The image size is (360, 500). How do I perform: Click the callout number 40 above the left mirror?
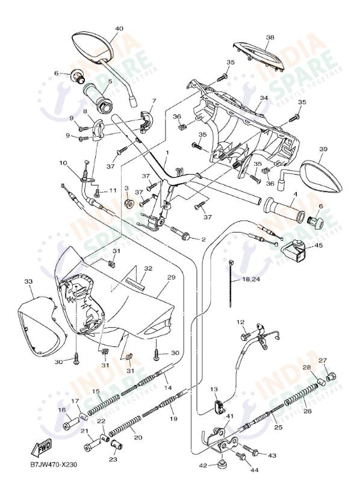click(119, 28)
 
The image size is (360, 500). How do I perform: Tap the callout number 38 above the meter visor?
click(270, 37)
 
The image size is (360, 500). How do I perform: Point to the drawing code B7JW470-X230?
click(54, 464)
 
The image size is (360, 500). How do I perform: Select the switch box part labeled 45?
click(294, 246)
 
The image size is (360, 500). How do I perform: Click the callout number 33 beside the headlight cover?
click(28, 281)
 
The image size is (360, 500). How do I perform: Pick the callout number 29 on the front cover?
click(171, 277)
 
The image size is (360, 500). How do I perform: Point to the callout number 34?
click(264, 98)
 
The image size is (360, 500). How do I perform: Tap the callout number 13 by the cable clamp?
click(214, 390)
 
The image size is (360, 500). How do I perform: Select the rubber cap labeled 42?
click(220, 464)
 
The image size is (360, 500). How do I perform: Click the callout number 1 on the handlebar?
click(166, 153)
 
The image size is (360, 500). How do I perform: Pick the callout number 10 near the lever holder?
click(63, 163)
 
